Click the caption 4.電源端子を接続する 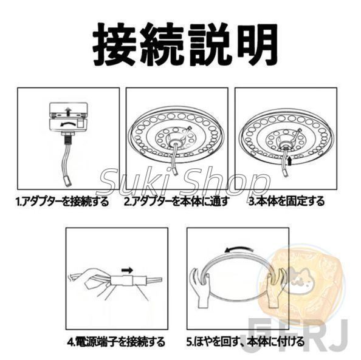tap(115, 342)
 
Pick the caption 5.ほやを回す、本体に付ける tap(245, 342)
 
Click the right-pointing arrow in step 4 tap(126, 269)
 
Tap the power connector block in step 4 tap(124, 281)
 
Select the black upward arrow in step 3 tap(290, 162)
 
